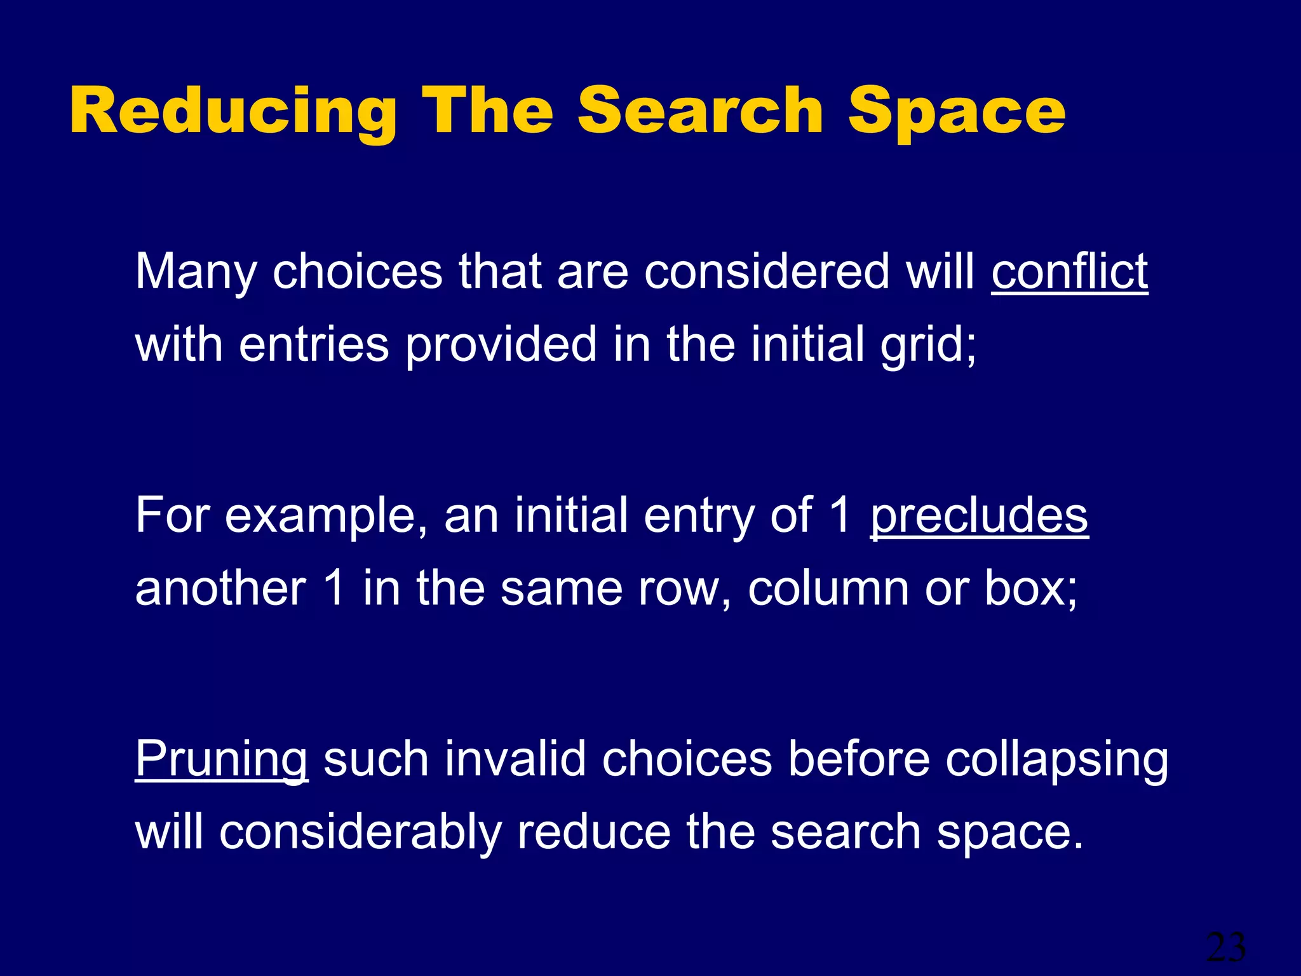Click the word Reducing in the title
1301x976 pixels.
[233, 111]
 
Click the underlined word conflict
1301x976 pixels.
[1070, 271]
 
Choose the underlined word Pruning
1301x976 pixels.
[222, 759]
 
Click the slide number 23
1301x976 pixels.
[1225, 947]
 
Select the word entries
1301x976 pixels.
[313, 344]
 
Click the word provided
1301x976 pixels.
[501, 344]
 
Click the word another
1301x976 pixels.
[220, 588]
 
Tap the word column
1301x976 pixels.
[828, 588]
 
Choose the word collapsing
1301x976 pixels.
[1056, 759]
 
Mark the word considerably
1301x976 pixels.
[360, 832]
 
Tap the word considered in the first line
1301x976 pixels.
[767, 271]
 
